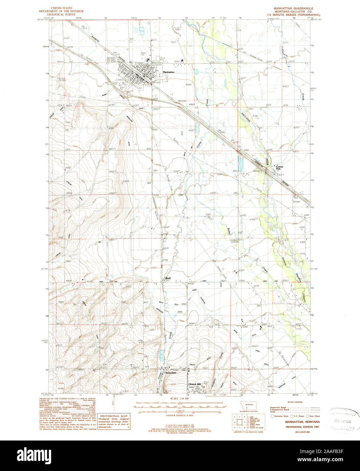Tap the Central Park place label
pos(280,167)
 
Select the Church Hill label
pos(195,384)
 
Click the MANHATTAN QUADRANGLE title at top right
pos(293,8)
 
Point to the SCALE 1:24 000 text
pos(179,398)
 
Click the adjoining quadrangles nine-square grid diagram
pos(239,422)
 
